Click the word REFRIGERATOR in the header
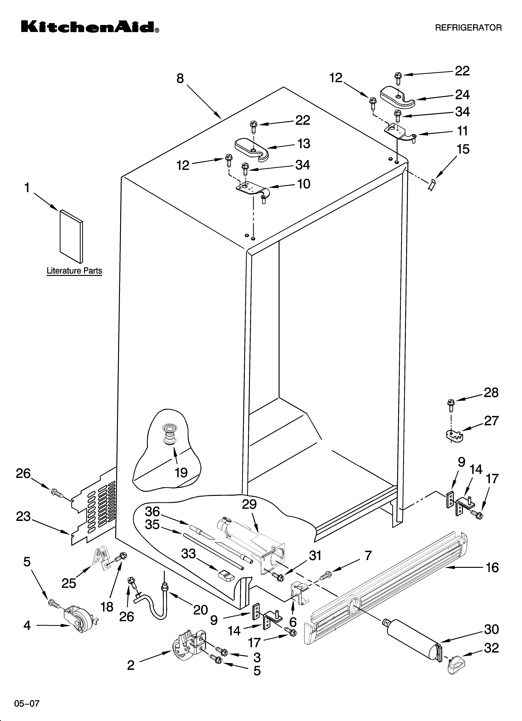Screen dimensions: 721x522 468,28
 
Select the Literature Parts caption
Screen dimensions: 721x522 74,271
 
